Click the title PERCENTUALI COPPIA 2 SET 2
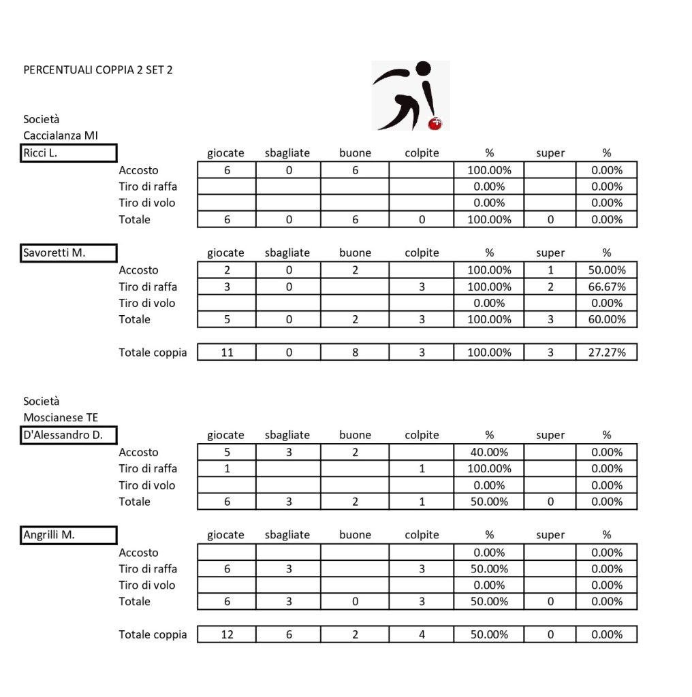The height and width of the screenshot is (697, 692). [x=97, y=69]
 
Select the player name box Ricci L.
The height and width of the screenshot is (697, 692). [x=69, y=152]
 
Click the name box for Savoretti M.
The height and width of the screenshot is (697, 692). [x=69, y=253]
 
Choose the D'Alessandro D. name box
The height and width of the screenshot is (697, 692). [x=69, y=435]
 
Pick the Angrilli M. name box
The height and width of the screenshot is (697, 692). [x=69, y=535]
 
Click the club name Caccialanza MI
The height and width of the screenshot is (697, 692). [x=61, y=135]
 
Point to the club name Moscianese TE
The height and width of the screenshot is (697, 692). [x=61, y=417]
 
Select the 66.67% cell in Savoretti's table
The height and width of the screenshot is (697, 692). [x=606, y=287]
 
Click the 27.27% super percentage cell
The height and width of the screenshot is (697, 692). [x=606, y=353]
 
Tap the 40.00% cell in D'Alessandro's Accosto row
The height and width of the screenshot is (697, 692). [x=489, y=452]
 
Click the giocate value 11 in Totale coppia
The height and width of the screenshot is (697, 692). [x=227, y=353]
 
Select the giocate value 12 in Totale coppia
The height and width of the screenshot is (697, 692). [x=227, y=634]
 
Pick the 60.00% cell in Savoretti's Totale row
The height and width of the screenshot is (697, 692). [x=606, y=319]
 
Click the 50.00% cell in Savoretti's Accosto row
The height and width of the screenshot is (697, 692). [x=606, y=270]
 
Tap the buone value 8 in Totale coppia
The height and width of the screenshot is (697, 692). [x=355, y=353]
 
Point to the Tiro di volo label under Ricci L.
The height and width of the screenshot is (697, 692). [x=146, y=203]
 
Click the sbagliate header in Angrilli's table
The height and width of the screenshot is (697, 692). [x=287, y=535]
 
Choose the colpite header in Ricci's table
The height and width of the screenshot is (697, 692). [x=422, y=153]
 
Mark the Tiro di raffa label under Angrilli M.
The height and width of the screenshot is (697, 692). [x=148, y=568]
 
